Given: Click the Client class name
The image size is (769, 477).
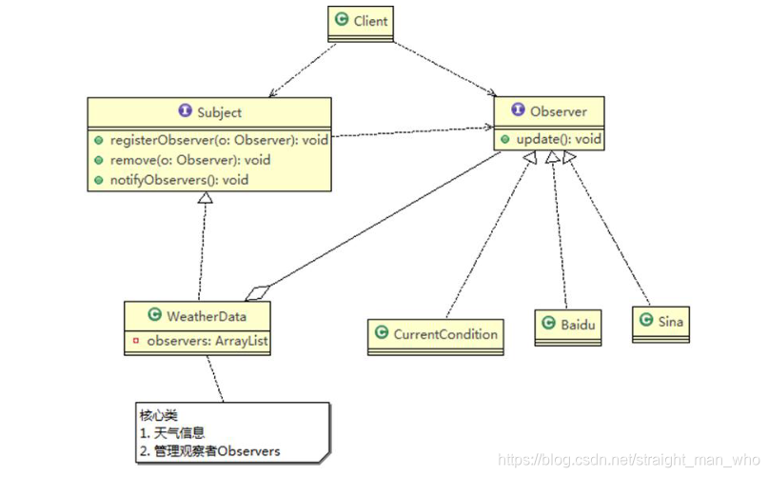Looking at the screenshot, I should click(370, 20).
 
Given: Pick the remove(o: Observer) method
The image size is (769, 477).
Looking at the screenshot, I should click(189, 159).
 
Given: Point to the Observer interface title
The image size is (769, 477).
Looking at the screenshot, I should click(558, 111).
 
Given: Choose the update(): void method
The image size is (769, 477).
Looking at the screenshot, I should click(558, 139).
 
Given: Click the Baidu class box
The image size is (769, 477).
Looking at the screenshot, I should click(571, 325).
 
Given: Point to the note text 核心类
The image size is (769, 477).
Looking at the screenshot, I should click(159, 415).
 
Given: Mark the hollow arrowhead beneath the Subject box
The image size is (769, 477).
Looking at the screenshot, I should click(205, 197).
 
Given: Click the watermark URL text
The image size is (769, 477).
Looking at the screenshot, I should click(627, 459).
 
